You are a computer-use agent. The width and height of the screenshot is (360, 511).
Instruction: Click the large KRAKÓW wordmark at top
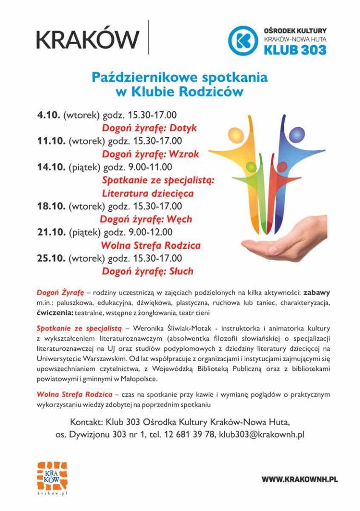click(88, 39)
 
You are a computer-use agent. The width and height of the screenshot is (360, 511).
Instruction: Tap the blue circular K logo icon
click(243, 40)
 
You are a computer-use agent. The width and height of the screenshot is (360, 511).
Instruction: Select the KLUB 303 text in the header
click(295, 50)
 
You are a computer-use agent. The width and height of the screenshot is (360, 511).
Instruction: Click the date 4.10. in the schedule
click(49, 115)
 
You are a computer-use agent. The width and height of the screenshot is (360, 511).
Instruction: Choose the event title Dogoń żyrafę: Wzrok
click(150, 154)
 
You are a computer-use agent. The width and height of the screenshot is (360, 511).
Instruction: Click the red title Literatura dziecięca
click(148, 193)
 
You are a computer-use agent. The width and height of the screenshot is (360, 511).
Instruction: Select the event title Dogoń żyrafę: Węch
click(146, 219)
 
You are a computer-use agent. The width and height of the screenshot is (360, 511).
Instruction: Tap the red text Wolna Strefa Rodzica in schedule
click(150, 245)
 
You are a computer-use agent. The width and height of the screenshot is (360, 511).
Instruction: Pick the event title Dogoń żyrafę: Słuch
click(147, 271)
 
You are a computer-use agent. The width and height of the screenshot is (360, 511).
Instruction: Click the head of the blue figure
click(297, 135)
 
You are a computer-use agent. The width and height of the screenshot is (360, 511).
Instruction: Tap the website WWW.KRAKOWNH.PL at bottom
click(300, 479)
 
